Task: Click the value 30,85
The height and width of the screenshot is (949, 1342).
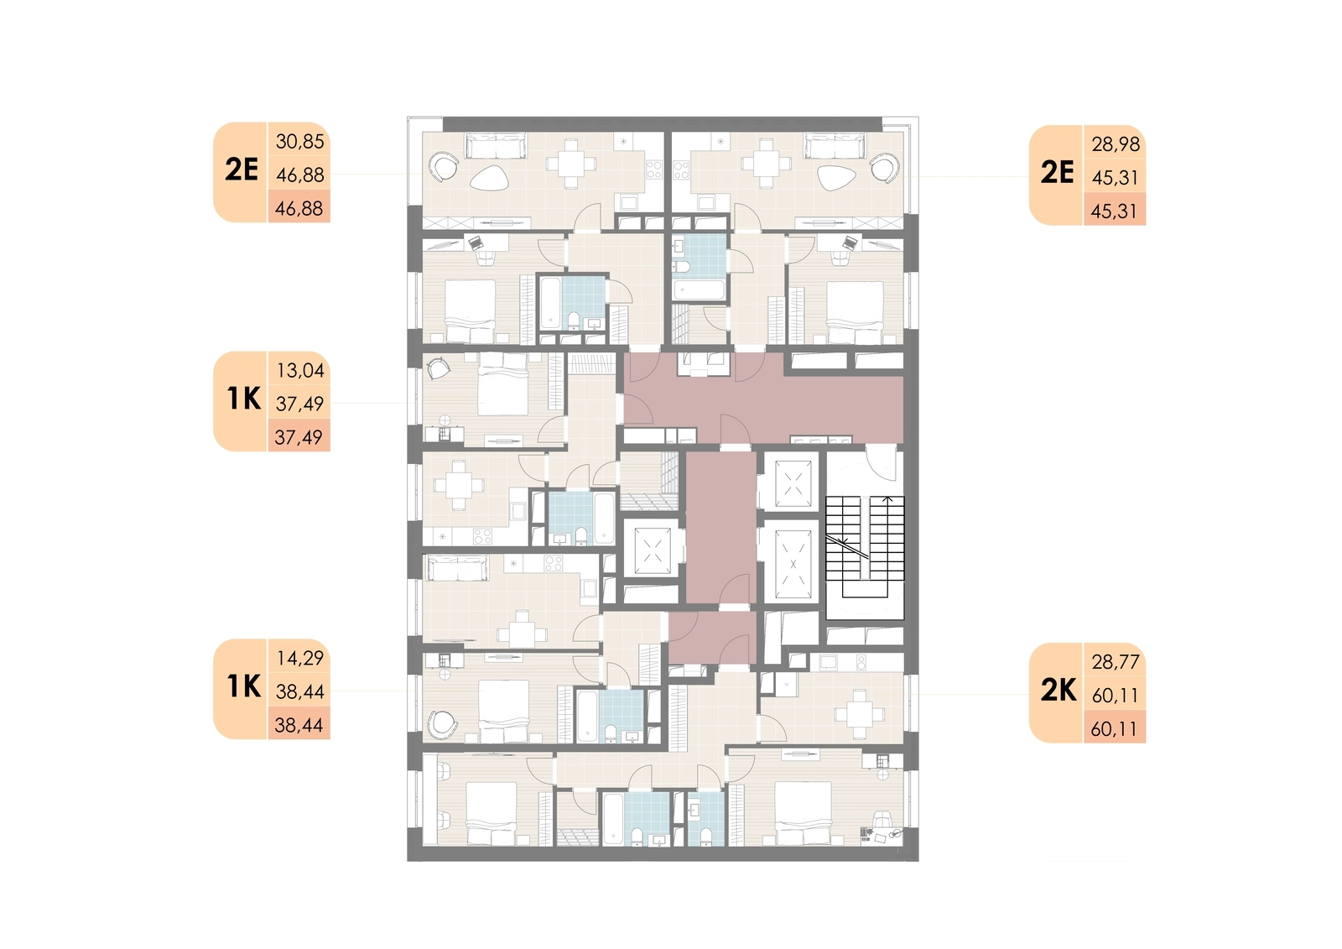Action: pyautogui.click(x=299, y=142)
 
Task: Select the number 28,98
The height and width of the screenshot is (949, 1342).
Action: pyautogui.click(x=1116, y=144)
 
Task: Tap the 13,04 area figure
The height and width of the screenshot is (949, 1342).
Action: pyautogui.click(x=300, y=371)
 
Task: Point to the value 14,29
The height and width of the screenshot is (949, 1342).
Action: pyautogui.click(x=300, y=658)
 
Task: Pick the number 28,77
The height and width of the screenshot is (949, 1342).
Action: pyautogui.click(x=1116, y=662)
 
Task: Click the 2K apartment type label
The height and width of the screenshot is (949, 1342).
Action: pyautogui.click(x=1059, y=691)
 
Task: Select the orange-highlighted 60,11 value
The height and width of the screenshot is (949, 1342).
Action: pyautogui.click(x=1115, y=729)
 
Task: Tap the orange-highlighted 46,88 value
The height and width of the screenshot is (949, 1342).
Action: pyautogui.click(x=299, y=209)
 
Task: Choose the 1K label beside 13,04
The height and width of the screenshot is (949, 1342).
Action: pyautogui.click(x=244, y=399)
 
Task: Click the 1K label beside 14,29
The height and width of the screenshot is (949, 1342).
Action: pyautogui.click(x=244, y=686)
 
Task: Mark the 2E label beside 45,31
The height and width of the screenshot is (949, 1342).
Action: pyautogui.click(x=1058, y=173)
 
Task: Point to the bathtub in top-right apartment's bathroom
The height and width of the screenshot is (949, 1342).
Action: pyautogui.click(x=699, y=290)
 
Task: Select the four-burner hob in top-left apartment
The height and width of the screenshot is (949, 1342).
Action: pyautogui.click(x=653, y=169)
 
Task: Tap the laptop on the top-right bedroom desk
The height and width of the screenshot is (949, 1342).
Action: pyautogui.click(x=850, y=242)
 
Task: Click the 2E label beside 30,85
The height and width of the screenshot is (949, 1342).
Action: pyautogui.click(x=242, y=169)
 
